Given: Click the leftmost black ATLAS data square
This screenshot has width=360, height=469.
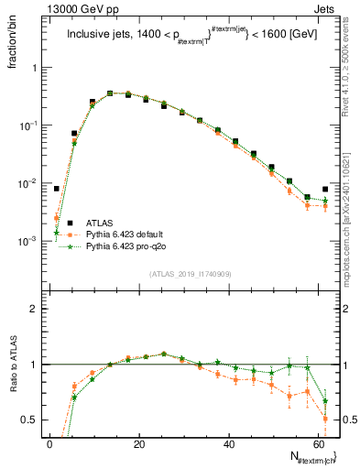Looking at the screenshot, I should click(x=57, y=189).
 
